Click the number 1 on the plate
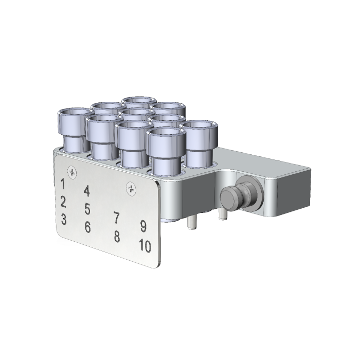click(x=63, y=184)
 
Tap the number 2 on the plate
click(x=63, y=201)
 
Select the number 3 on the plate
click(x=63, y=219)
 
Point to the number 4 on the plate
click(x=87, y=191)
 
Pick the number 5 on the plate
click(x=87, y=209)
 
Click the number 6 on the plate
click(x=88, y=226)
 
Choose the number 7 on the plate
click(x=117, y=218)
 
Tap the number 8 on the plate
click(x=117, y=237)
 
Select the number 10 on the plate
click(x=145, y=246)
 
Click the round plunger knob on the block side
click(x=229, y=197)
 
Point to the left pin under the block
click(x=191, y=222)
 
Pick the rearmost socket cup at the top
click(x=139, y=103)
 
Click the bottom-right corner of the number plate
click(x=156, y=266)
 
